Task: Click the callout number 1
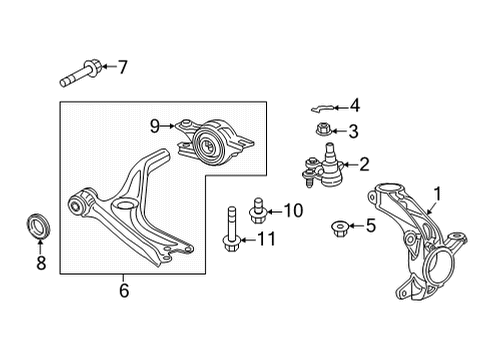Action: pos(435,195)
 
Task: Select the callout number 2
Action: pos(364,164)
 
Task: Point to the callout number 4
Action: pos(354,103)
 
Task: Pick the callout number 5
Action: pos(370,225)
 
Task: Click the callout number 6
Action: pos(124,291)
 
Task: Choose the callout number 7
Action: pos(123,68)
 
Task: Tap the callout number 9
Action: pos(155,125)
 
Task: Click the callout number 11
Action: pos(265,238)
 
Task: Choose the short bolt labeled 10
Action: pos(256,209)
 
